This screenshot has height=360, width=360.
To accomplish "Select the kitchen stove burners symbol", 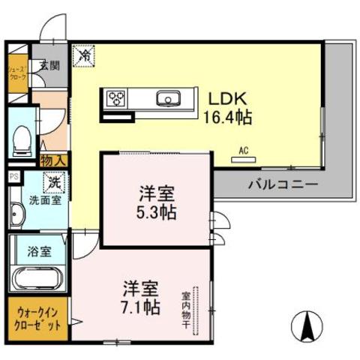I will (x=116, y=98).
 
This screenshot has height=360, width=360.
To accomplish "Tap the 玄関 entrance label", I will (x=49, y=65).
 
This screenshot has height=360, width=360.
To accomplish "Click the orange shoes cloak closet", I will (x=17, y=75).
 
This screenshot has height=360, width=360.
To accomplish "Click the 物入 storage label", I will (x=54, y=160).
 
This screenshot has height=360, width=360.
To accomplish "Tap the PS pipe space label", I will (x=13, y=176).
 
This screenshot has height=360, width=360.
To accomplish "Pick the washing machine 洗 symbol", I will (x=55, y=181).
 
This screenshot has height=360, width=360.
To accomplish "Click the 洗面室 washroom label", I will (x=40, y=202).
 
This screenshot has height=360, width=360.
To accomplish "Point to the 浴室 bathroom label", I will (x=40, y=251).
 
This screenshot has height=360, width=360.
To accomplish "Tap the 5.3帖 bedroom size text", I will (x=157, y=212).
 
